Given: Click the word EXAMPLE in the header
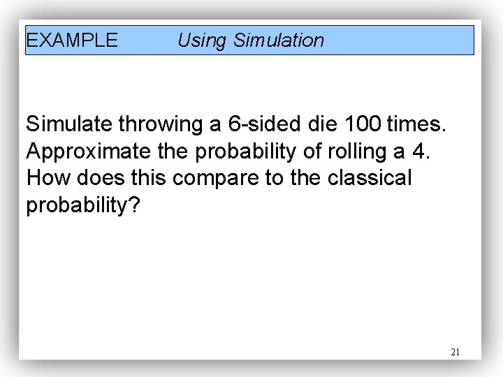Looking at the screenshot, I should (72, 40).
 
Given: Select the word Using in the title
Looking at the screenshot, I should (202, 40).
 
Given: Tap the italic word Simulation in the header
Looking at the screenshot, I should (279, 40).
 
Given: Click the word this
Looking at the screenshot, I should (147, 178).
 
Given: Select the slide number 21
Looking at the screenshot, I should (455, 352).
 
